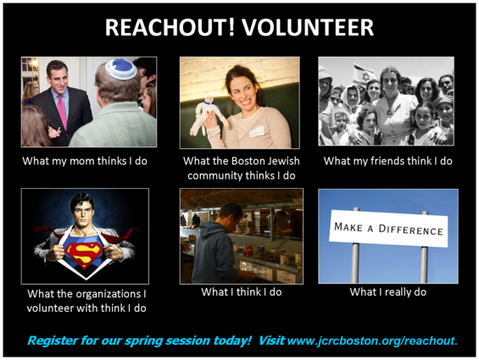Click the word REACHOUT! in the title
[170, 27]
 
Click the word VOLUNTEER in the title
[308, 27]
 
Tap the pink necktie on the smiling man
[62, 111]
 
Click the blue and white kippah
[121, 69]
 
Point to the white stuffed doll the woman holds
[207, 116]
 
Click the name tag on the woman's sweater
[256, 131]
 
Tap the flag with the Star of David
[365, 75]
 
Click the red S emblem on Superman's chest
[84, 254]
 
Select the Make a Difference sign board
[388, 229]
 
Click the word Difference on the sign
[410, 230]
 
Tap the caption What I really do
[388, 292]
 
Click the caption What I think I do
[242, 292]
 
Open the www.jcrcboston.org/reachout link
[372, 341]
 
